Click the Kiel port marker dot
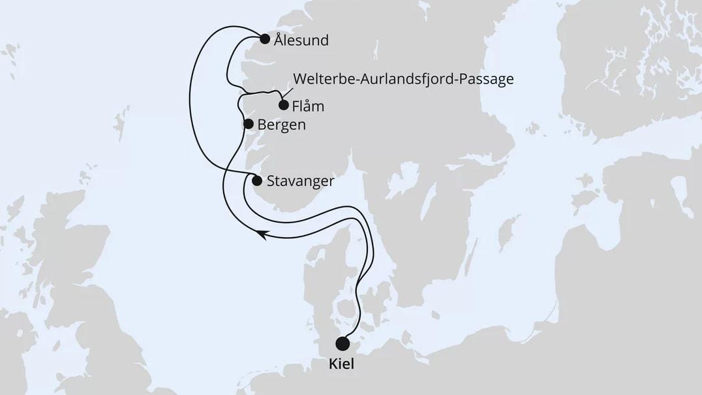[342, 343]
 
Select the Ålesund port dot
[265, 39]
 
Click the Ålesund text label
[301, 40]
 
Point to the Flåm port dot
[283, 104]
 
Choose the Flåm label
[309, 106]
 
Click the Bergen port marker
[248, 123]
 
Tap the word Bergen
[281, 125]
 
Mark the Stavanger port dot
[256, 181]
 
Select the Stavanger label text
[301, 182]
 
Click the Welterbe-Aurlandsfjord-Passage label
[403, 79]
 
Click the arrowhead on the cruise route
[262, 234]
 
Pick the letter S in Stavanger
[271, 182]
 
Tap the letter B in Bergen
[262, 125]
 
